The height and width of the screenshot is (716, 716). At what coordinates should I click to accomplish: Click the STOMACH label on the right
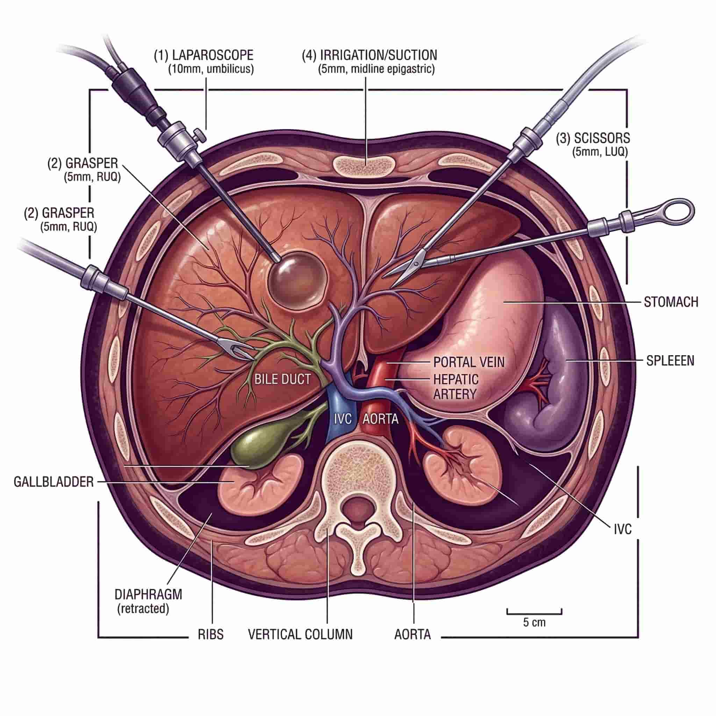(671, 302)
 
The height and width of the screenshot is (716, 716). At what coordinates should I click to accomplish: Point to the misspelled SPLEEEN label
(670, 360)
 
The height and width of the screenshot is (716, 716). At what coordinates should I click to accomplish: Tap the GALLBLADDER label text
(54, 482)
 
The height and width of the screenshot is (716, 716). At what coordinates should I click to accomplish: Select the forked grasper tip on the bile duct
(241, 352)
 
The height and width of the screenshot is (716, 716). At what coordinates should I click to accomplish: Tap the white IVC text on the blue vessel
(342, 419)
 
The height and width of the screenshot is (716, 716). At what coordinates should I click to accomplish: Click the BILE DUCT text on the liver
(282, 379)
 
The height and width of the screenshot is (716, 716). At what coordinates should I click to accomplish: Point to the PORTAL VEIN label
(469, 362)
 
